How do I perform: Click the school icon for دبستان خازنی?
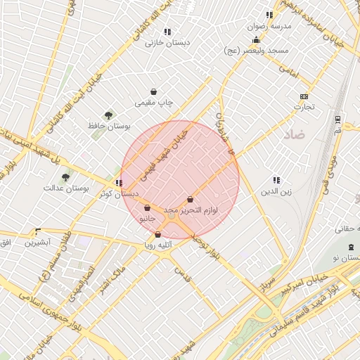coord(167,32)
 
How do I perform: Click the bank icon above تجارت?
coord(304,96)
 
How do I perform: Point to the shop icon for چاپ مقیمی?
coord(154,91)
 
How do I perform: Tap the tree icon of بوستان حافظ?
coord(108,115)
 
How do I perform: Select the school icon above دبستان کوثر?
coord(118,183)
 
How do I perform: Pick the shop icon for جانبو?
coord(146,207)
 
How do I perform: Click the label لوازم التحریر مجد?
coord(191,210)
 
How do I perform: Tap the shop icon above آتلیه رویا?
coord(157,234)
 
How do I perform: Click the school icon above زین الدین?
coord(276,180)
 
